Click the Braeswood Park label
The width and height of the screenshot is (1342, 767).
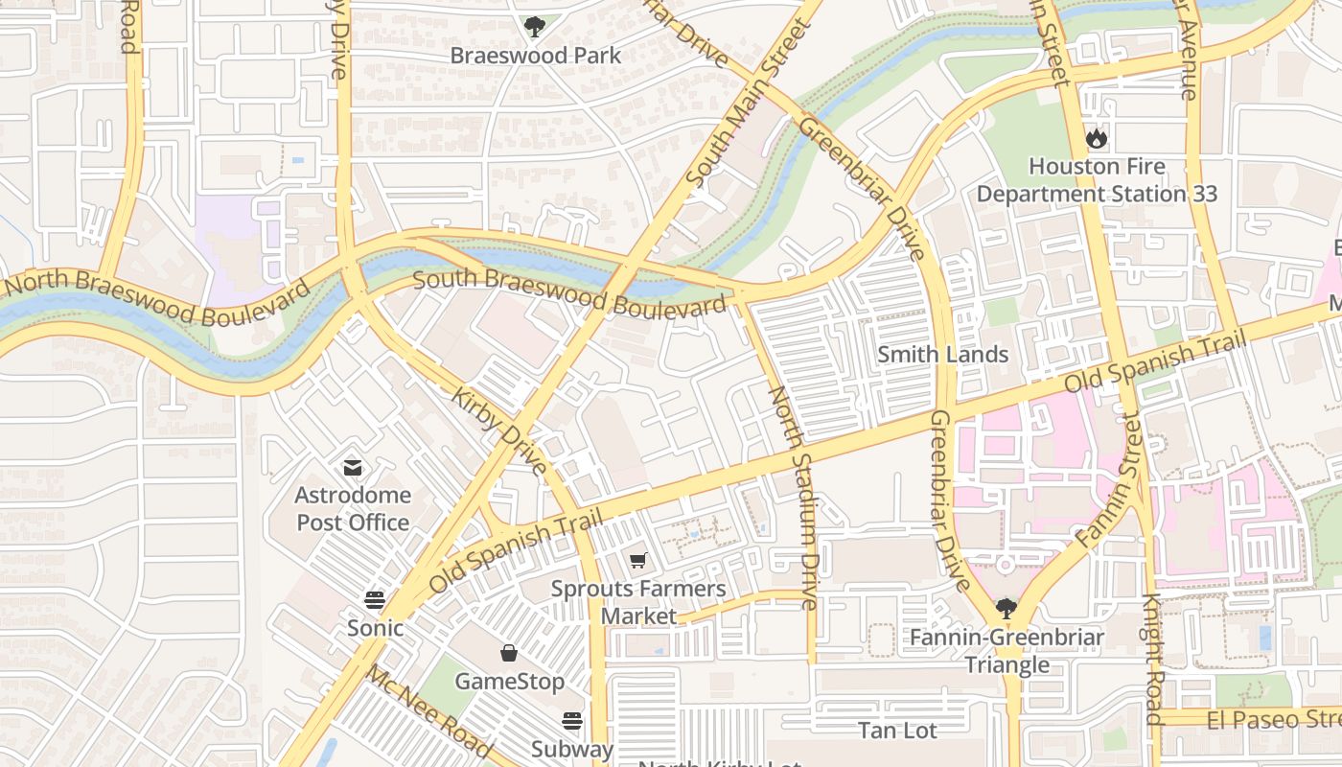tap(536, 56)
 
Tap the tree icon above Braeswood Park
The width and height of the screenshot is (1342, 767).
tap(535, 27)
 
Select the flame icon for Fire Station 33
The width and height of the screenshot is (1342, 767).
tap(1097, 139)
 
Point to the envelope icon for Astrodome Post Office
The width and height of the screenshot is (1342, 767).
tap(353, 468)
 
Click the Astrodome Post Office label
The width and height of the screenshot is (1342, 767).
tap(353, 509)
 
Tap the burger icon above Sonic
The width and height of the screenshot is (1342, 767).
tap(375, 600)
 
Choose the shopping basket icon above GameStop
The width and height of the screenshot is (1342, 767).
tap(509, 653)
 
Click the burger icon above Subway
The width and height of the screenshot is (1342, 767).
tap(572, 721)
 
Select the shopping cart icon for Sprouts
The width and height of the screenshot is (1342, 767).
tap(638, 560)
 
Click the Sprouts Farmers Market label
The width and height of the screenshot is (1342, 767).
tap(638, 602)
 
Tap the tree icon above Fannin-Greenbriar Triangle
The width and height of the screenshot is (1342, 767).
tap(1006, 608)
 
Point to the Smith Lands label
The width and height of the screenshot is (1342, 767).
tap(943, 355)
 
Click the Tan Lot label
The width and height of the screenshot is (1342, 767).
tap(897, 731)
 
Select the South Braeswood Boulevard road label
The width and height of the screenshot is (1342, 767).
tap(569, 293)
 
